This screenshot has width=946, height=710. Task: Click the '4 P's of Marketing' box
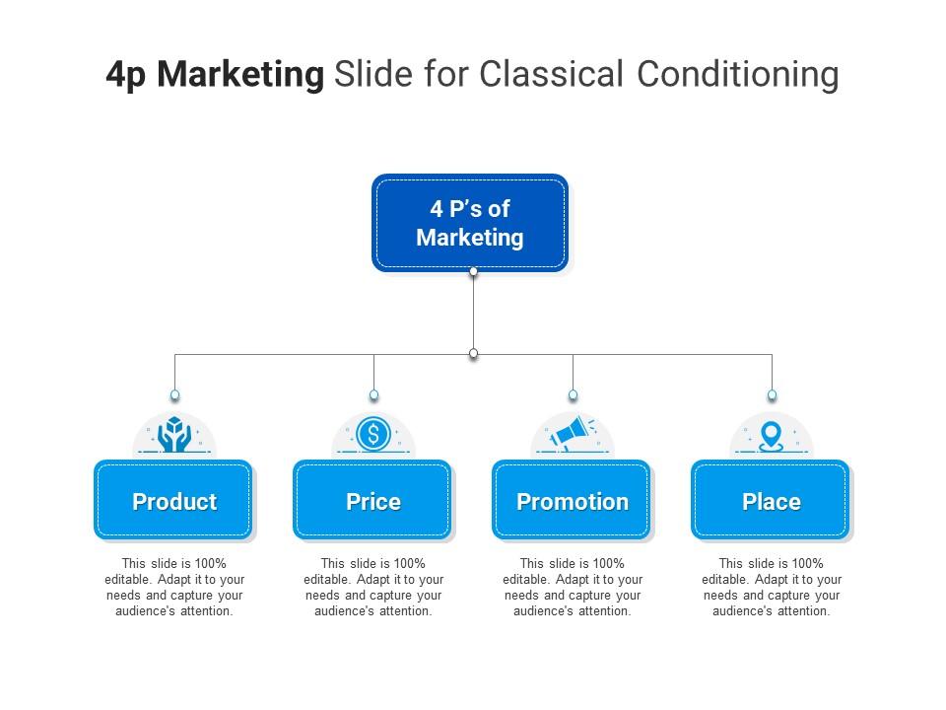click(x=470, y=223)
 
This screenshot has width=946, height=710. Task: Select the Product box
click(x=174, y=501)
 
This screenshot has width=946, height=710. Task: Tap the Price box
click(x=373, y=501)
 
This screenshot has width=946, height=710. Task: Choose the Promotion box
click(x=573, y=501)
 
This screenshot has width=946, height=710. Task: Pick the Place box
click(x=771, y=501)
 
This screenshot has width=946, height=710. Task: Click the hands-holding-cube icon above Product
click(x=174, y=434)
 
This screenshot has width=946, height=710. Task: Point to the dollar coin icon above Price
click(x=373, y=434)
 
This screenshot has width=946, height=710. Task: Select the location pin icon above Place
click(x=771, y=434)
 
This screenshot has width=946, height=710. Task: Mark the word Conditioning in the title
click(x=737, y=75)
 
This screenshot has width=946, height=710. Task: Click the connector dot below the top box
click(x=473, y=272)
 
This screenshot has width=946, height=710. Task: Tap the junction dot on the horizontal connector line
click(x=473, y=353)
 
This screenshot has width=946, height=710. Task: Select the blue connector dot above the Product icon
click(x=174, y=395)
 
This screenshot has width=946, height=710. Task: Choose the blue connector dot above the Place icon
click(x=772, y=395)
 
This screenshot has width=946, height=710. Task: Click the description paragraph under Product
click(x=174, y=588)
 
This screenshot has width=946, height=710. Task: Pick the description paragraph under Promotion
click(x=573, y=588)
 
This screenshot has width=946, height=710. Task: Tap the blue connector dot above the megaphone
click(x=573, y=395)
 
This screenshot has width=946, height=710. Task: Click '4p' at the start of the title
click(x=126, y=75)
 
